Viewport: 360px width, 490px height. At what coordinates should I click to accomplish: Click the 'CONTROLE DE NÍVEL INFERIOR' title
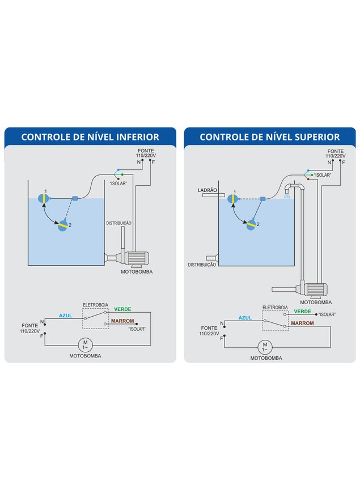(x=90, y=137)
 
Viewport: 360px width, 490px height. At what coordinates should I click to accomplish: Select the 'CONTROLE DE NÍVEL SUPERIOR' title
(x=270, y=137)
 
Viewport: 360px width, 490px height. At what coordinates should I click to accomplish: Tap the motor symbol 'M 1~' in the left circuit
(x=86, y=344)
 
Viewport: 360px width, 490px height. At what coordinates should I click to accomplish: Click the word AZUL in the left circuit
(x=66, y=315)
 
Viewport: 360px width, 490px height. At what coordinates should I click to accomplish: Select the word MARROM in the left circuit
(x=122, y=321)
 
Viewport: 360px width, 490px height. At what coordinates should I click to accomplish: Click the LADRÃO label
(x=207, y=190)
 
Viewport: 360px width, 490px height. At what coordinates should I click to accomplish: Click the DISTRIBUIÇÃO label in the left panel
(x=119, y=223)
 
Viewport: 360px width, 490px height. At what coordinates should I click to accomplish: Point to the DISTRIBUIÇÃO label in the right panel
(x=202, y=264)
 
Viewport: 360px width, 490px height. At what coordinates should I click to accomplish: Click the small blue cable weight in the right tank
(x=262, y=199)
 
